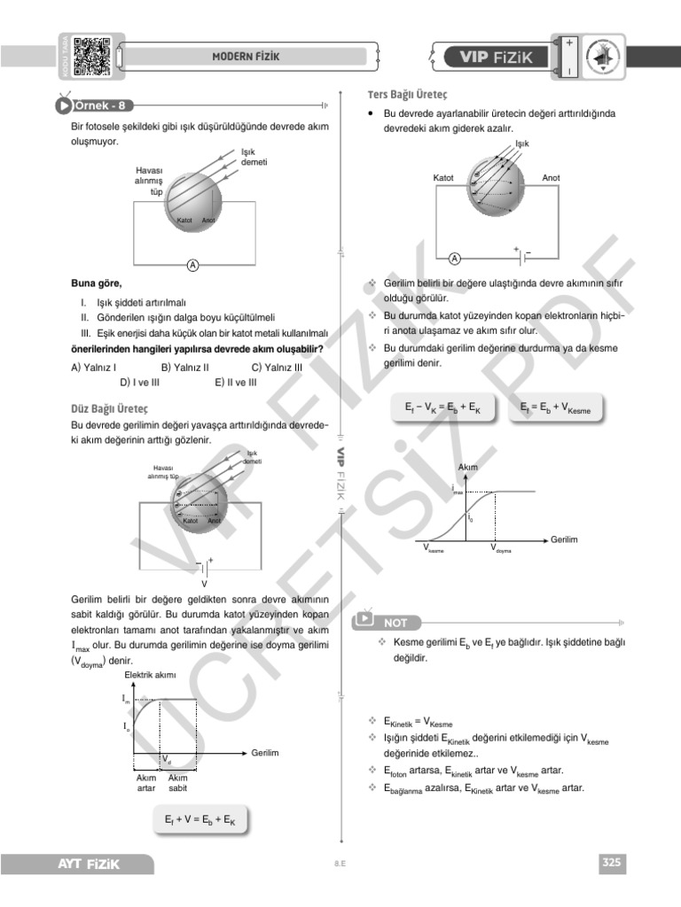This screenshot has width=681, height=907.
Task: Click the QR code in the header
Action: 90,56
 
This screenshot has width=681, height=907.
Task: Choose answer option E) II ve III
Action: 235,382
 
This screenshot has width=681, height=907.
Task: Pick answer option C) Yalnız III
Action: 277,366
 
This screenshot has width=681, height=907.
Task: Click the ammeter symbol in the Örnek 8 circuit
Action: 192,264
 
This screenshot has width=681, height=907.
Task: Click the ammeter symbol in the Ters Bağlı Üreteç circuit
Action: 455,259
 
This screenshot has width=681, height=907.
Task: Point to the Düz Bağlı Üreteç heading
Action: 109,408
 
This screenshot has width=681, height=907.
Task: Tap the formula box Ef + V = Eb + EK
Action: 200,821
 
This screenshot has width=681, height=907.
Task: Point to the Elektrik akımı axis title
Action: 150,676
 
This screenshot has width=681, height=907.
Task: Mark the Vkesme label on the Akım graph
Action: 434,548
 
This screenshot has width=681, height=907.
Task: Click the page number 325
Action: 612,862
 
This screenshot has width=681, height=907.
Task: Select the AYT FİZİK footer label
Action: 89,863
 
